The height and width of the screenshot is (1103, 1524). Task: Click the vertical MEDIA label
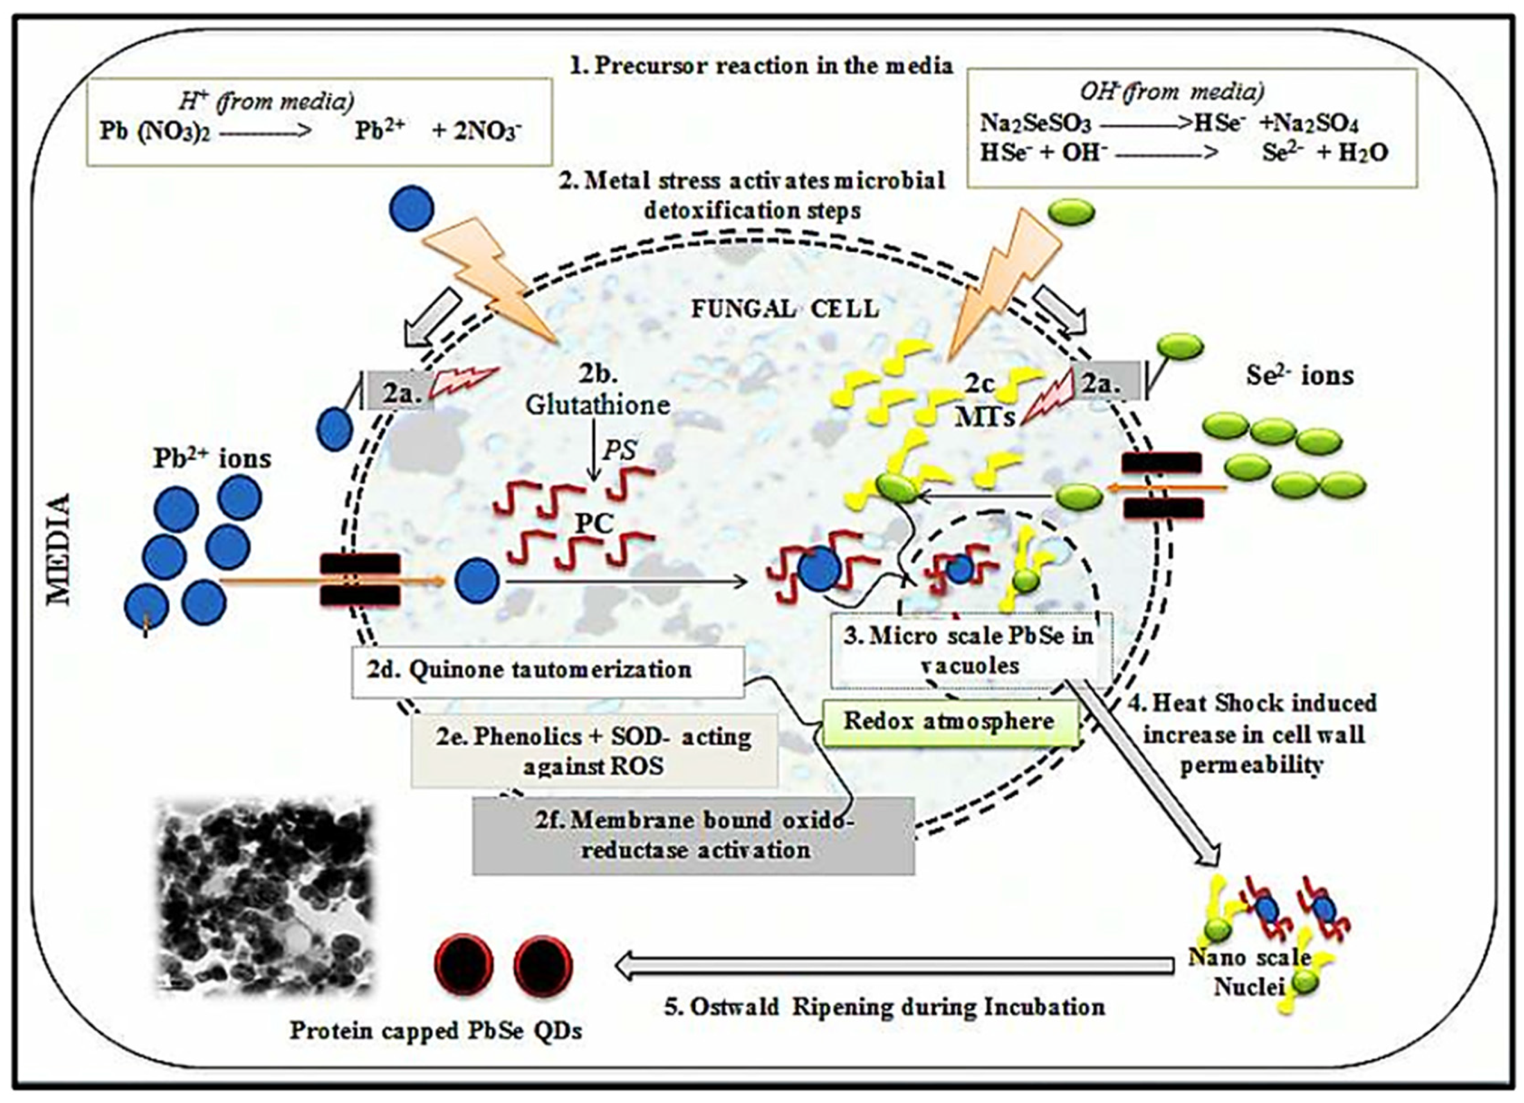pos(59,549)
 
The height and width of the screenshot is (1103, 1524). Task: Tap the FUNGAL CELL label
pos(785,309)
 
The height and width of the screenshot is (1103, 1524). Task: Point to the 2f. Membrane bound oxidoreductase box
pos(694,835)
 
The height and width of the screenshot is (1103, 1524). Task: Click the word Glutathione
pos(597,405)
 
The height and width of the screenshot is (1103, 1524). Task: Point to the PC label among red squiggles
pos(595,523)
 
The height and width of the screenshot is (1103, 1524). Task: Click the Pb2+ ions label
pos(212,459)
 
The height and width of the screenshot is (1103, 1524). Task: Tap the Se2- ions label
pos(1299,375)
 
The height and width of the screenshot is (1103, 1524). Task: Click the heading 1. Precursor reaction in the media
pos(761,66)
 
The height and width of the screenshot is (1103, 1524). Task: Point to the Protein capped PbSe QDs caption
pos(436,1030)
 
